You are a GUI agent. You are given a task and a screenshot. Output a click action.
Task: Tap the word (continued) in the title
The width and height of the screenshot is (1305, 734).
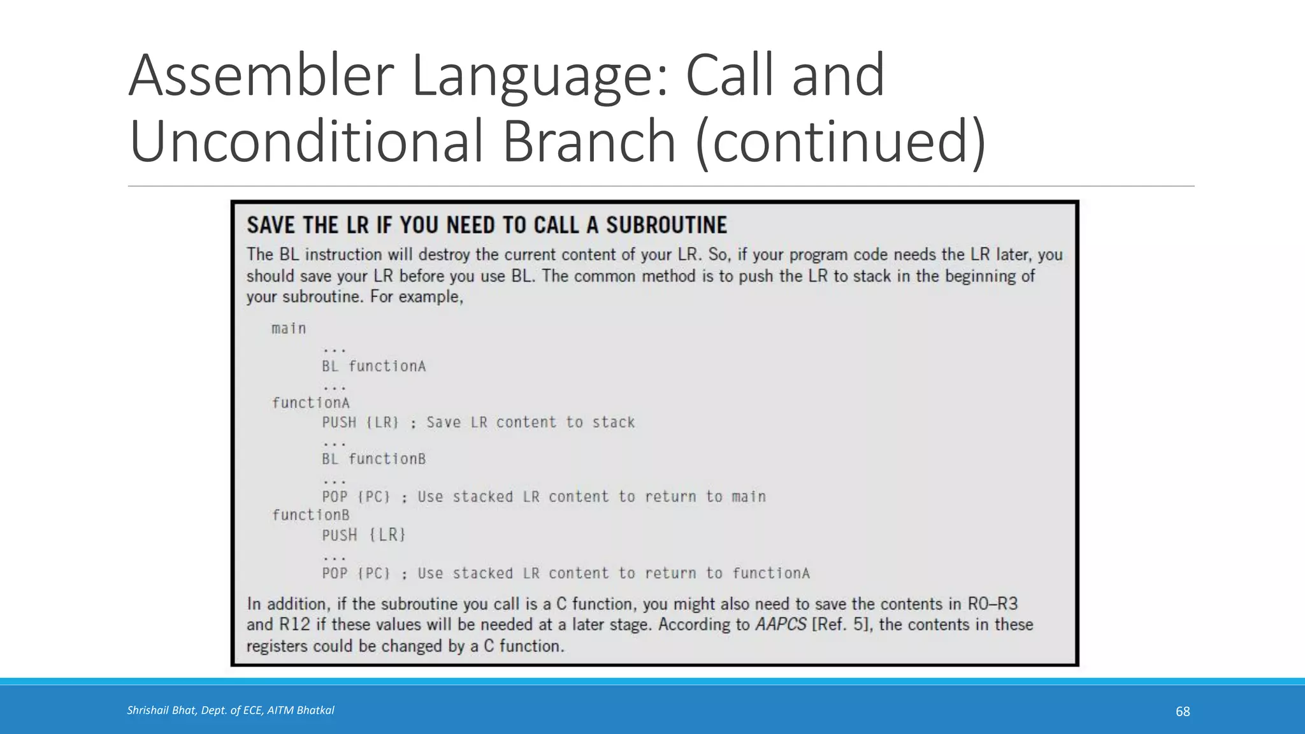click(x=841, y=142)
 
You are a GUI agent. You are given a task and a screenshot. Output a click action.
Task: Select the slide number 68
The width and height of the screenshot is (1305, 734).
click(x=1183, y=712)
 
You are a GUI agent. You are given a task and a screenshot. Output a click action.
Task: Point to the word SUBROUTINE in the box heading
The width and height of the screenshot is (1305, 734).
click(x=667, y=226)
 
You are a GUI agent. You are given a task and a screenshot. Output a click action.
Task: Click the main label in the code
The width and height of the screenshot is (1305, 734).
click(x=289, y=329)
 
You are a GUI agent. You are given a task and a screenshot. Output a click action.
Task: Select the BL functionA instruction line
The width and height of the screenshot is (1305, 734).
click(x=373, y=366)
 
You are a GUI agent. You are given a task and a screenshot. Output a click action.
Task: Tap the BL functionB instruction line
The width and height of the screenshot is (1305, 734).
click(x=373, y=459)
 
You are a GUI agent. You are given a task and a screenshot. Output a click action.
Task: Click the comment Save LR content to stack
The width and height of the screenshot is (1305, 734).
click(x=530, y=422)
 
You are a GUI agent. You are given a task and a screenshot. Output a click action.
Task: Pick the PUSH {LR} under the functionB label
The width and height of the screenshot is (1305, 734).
click(x=363, y=535)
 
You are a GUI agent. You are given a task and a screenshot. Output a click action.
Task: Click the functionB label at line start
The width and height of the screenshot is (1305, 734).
click(x=311, y=515)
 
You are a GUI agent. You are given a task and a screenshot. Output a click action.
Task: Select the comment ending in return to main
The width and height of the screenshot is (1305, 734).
click(x=591, y=497)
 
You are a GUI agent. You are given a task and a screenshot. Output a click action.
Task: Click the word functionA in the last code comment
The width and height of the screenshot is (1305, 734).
click(x=771, y=573)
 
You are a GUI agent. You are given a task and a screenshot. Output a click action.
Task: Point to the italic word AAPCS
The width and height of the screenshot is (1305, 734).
click(x=781, y=624)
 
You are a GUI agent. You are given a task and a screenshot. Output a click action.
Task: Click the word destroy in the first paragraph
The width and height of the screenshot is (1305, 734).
click(x=444, y=255)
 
